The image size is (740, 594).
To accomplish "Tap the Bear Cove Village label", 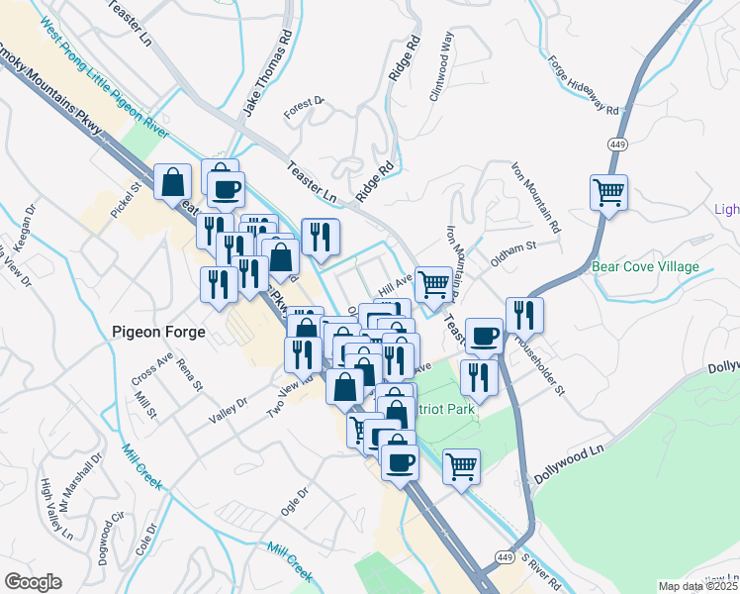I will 645,267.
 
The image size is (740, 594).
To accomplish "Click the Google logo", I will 33,582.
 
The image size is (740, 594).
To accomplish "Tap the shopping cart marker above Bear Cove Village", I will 608,191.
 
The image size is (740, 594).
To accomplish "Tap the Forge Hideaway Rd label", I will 585,85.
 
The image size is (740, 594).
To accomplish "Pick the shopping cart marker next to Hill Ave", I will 433,284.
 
